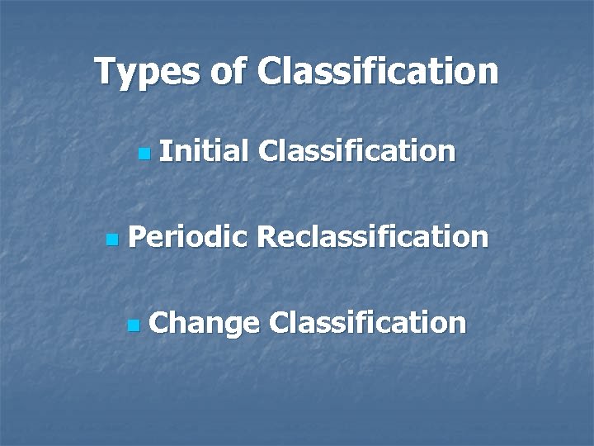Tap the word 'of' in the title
click(228, 72)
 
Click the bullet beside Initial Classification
click(144, 153)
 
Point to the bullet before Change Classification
click(134, 325)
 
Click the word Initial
click(204, 151)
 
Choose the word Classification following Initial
click(356, 151)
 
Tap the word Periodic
click(188, 238)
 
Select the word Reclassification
click(372, 238)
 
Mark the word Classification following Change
click(367, 322)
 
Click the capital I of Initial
click(163, 151)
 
